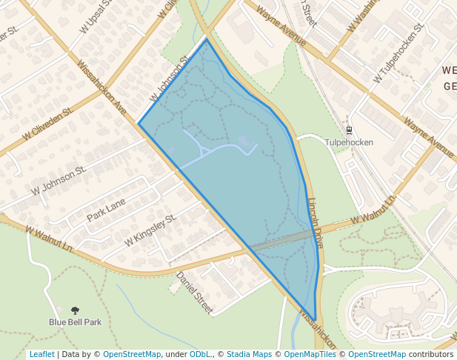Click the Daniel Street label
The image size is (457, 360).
[x=194, y=292]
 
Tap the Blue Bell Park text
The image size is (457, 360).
[x=75, y=322]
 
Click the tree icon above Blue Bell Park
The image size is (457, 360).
[x=75, y=310]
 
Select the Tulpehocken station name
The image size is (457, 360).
[x=349, y=142]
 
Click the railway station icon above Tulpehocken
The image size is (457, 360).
[x=350, y=130]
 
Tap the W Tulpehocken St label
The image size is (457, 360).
[x=400, y=52]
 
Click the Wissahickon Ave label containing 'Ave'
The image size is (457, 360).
[x=102, y=87]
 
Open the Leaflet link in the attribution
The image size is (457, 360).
[x=41, y=354]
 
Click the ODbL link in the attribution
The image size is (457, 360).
[x=200, y=354]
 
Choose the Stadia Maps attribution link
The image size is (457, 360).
[x=249, y=354]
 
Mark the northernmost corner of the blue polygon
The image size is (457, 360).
[x=207, y=39]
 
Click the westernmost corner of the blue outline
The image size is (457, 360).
[x=139, y=124]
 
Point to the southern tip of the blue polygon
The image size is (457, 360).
[x=316, y=319]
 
